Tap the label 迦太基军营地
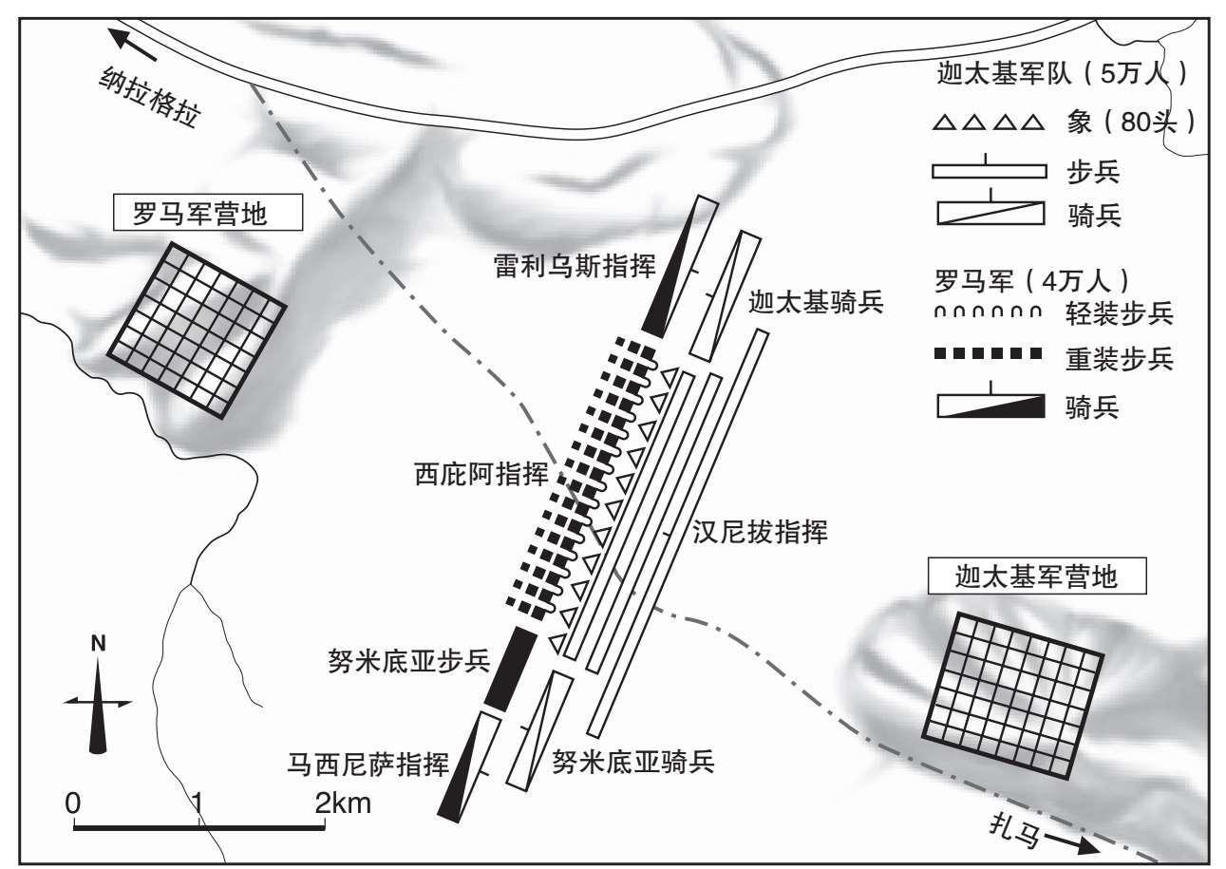click(x=1037, y=576)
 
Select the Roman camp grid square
click(x=197, y=330)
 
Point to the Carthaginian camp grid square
click(x=1013, y=695)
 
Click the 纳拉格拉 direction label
click(x=149, y=97)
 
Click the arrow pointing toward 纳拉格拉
click(x=132, y=45)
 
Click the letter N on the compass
click(x=98, y=644)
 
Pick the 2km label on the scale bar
click(x=343, y=803)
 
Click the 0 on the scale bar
click(x=73, y=803)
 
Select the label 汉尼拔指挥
click(x=760, y=531)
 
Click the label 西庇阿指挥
click(x=481, y=473)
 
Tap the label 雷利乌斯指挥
click(x=575, y=266)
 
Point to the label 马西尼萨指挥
click(x=368, y=764)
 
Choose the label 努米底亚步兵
click(x=409, y=661)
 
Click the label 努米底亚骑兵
click(x=633, y=761)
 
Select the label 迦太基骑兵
click(x=816, y=301)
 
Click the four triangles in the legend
click(x=989, y=122)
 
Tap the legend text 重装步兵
click(x=1120, y=359)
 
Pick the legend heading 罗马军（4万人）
click(x=1031, y=281)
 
